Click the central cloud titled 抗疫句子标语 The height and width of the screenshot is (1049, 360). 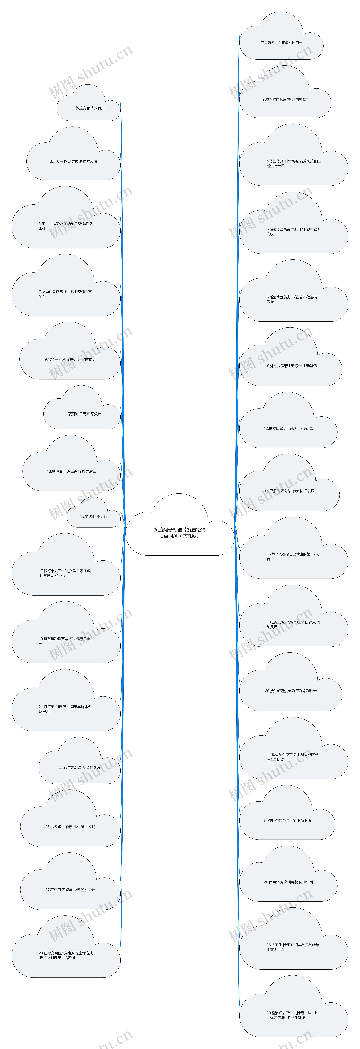180,533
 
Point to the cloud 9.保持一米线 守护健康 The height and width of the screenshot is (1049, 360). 70,360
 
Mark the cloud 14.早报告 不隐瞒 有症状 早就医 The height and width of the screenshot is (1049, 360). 289,491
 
